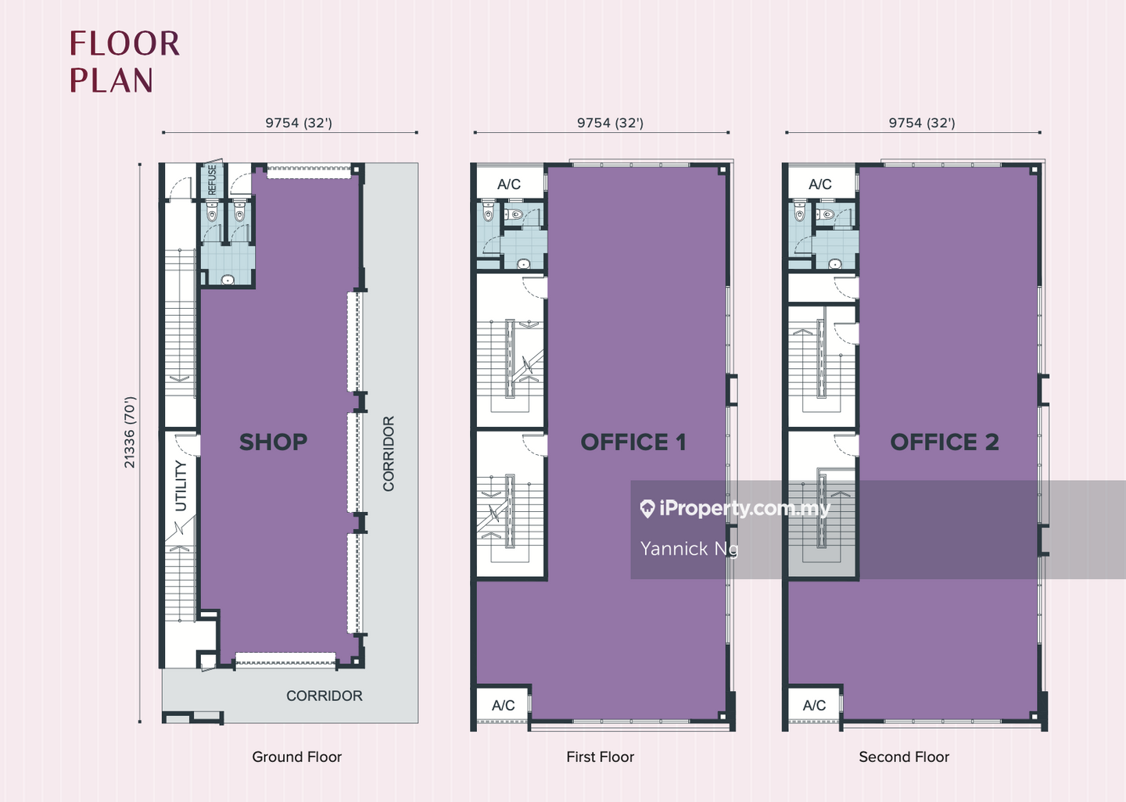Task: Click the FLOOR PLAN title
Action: pyautogui.click(x=124, y=62)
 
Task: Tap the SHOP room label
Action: pyautogui.click(x=273, y=442)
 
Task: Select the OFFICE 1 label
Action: pyautogui.click(x=633, y=442)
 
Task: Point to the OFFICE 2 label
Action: pyautogui.click(x=945, y=442)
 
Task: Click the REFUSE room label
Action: pyautogui.click(x=212, y=180)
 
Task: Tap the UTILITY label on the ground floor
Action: pyautogui.click(x=181, y=486)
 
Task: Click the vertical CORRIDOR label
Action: pyautogui.click(x=389, y=453)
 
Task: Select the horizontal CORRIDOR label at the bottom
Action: pyautogui.click(x=325, y=696)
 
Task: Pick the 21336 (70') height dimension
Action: pyautogui.click(x=130, y=433)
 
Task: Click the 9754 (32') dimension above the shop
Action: pyautogui.click(x=299, y=124)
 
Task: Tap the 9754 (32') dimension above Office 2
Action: pyautogui.click(x=922, y=124)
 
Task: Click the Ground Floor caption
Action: pyautogui.click(x=296, y=757)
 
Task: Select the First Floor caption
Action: pyautogui.click(x=601, y=757)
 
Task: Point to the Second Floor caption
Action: pyautogui.click(x=904, y=757)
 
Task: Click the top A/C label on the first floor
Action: pyautogui.click(x=509, y=184)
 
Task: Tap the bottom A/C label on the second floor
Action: pyautogui.click(x=814, y=706)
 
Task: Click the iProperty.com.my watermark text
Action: pyautogui.click(x=744, y=509)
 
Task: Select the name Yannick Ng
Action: pyautogui.click(x=689, y=549)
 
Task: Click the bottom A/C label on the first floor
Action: pyautogui.click(x=504, y=706)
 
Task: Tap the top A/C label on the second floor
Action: pyautogui.click(x=819, y=184)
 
